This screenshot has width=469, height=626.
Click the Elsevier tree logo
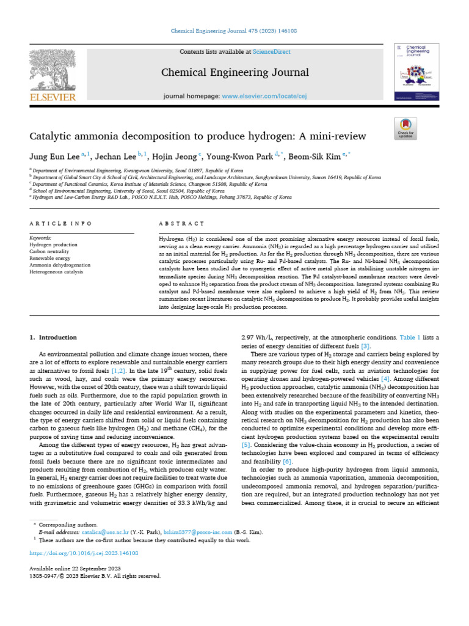tap(53, 73)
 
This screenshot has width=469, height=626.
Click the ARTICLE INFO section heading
tap(54, 224)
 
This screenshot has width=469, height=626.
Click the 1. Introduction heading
tap(54, 337)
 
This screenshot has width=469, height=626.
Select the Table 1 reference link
tap(411, 337)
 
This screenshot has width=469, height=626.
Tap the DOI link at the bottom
tap(84, 553)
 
